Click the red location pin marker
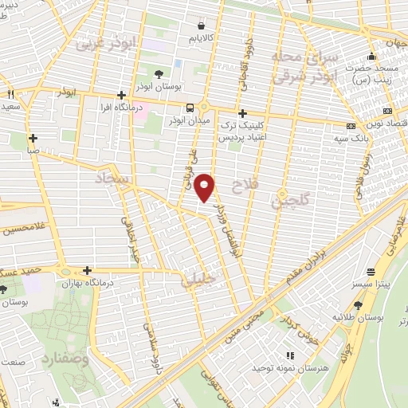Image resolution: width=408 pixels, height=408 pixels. point(206,187)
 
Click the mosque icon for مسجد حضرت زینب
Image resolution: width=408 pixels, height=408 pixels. point(371,57)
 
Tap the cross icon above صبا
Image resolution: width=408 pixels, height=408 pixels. point(33,136)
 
